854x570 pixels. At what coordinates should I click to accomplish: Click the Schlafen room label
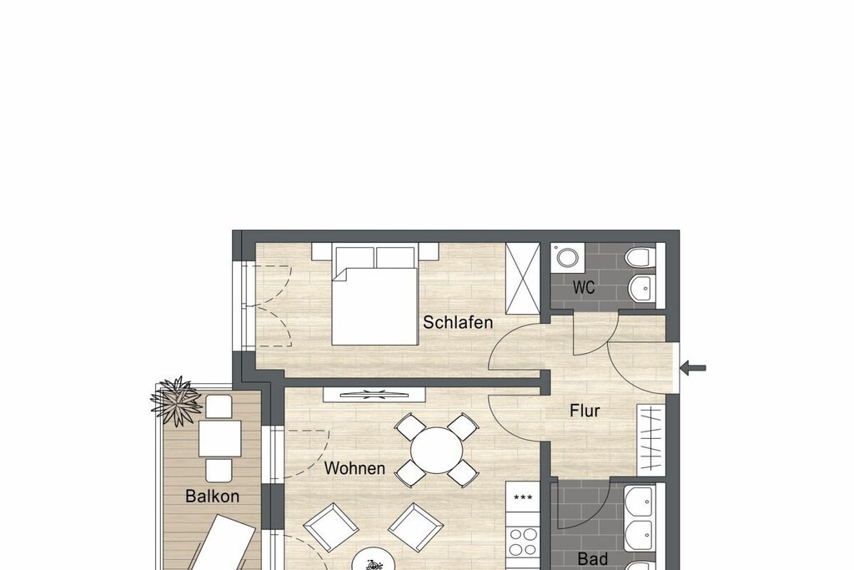(x=458, y=323)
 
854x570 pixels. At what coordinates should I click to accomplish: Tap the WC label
(x=583, y=287)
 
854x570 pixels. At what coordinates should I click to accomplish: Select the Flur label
(x=585, y=411)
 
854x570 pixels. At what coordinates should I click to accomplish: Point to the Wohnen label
(x=354, y=468)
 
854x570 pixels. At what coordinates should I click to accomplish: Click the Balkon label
(x=213, y=496)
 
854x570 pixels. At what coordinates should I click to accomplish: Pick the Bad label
(x=592, y=558)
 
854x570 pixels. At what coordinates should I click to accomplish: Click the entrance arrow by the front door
(x=693, y=368)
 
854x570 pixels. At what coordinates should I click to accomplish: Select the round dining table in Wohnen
(x=437, y=451)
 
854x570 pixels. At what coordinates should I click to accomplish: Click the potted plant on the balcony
(x=176, y=401)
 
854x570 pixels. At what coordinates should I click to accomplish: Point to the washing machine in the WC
(x=567, y=258)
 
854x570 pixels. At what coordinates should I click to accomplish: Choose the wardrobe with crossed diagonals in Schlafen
(x=523, y=279)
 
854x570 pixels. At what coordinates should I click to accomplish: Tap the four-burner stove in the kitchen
(x=523, y=542)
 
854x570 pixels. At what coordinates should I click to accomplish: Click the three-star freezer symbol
(x=523, y=497)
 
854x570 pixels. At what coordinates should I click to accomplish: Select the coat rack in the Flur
(x=651, y=438)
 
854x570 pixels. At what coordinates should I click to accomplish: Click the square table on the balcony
(x=219, y=439)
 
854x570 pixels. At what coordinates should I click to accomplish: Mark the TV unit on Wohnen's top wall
(x=374, y=395)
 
